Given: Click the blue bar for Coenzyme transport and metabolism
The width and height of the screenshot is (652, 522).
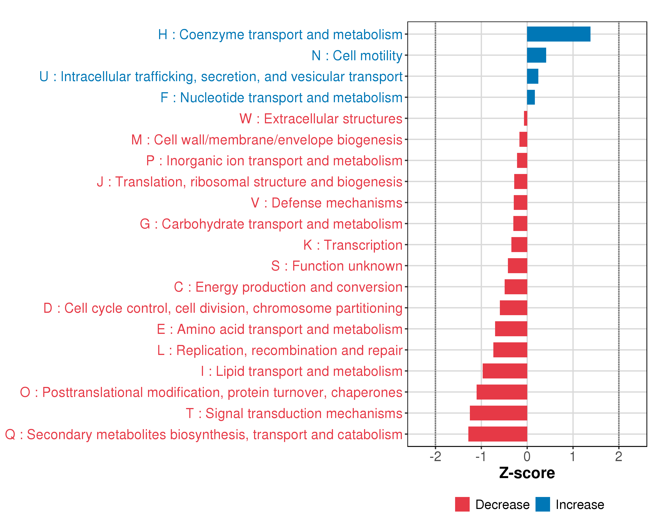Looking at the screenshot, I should [558, 34].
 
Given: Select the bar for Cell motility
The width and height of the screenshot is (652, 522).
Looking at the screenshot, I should [536, 55].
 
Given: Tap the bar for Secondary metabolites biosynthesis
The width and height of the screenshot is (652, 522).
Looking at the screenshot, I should [497, 434].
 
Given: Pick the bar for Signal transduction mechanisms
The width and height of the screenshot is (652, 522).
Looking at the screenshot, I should [498, 413].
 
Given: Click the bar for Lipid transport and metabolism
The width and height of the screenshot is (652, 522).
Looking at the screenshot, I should [504, 371].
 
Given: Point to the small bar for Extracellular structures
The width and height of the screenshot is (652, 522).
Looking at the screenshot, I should [526, 118].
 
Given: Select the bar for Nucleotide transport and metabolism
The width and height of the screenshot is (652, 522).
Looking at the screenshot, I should [531, 97].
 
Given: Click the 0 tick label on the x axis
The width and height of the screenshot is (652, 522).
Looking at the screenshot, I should [527, 456].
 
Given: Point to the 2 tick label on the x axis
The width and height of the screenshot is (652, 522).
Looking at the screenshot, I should [619, 456].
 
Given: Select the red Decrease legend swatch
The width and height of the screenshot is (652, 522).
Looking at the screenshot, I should [462, 504].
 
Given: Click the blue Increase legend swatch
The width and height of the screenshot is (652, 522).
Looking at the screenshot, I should [542, 504].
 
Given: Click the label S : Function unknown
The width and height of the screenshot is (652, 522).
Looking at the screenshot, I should [337, 266].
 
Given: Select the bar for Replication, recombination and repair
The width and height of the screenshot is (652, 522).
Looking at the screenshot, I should [510, 350].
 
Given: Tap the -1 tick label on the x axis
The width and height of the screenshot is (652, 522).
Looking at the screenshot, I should [481, 456].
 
